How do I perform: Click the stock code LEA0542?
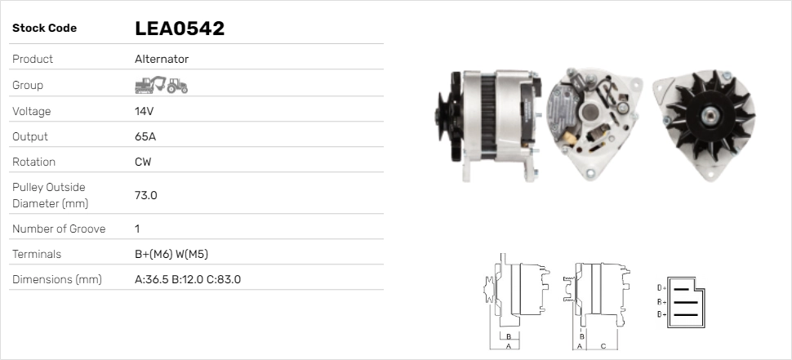(x=179, y=29)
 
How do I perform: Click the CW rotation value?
(x=143, y=162)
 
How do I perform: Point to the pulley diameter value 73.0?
(x=145, y=195)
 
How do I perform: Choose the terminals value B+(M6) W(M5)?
(x=176, y=254)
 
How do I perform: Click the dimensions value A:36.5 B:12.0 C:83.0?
(x=187, y=279)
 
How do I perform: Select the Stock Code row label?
(x=44, y=29)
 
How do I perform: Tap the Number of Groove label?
(x=59, y=229)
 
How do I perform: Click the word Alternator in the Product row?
(x=162, y=59)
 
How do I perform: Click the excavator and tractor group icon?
(x=161, y=85)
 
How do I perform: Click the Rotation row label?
(x=35, y=162)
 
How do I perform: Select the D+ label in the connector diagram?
(x=661, y=287)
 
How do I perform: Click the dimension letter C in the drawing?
(x=603, y=346)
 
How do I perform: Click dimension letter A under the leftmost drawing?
(x=508, y=346)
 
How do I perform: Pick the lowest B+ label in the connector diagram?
(x=661, y=314)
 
